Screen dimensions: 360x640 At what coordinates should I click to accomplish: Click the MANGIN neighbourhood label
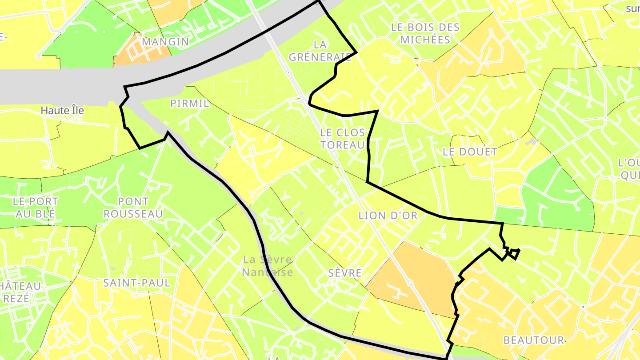pos(165,42)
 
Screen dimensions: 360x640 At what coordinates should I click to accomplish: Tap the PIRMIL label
pos(189,104)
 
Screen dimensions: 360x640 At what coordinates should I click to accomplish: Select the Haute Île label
pos(62,111)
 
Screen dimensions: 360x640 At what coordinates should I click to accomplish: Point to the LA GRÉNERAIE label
pos(320,51)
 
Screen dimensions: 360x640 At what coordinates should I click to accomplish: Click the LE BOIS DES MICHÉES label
pos(425,33)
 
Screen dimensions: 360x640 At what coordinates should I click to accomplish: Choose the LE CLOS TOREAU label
pos(342,138)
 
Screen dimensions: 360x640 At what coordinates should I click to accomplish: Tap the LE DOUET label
pos(470,152)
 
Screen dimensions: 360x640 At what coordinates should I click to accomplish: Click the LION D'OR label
pos(388,216)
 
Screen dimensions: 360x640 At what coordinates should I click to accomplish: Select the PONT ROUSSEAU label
pos(133,208)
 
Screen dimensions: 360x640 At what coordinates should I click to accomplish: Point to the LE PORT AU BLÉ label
pos(35,208)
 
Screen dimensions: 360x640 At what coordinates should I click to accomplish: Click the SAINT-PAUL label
pos(136,283)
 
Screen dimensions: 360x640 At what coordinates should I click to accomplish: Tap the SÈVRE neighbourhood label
pos(345,273)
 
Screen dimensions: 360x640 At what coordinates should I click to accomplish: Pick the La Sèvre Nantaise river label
pos(268,265)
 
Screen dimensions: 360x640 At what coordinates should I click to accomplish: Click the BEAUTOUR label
pos(533,340)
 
